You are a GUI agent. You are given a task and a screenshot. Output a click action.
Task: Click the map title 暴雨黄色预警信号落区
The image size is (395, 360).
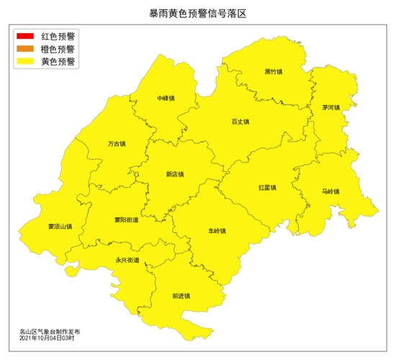[197, 14]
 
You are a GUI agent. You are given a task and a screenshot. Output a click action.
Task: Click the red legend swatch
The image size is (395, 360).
[25, 36]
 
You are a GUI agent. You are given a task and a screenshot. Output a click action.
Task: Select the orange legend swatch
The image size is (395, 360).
[25, 49]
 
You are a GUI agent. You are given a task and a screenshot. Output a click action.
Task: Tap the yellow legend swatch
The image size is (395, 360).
[25, 62]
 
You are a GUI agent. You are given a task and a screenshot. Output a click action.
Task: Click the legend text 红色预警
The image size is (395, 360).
[58, 36]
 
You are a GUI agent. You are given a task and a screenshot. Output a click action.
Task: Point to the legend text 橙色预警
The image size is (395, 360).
[58, 49]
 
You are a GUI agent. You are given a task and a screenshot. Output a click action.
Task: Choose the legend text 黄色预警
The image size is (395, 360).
[58, 62]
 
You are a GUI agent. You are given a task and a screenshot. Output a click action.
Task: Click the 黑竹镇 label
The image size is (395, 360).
[273, 72]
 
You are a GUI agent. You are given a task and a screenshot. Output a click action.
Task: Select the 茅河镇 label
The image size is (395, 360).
[331, 107]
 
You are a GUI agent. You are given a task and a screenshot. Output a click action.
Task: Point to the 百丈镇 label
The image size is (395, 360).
[240, 122]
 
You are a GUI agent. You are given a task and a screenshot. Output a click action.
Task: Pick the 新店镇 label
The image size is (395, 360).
[175, 174]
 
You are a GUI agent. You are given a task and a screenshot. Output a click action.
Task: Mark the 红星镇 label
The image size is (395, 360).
[268, 188]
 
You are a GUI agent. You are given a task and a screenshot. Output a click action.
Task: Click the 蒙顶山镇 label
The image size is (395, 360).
[60, 227]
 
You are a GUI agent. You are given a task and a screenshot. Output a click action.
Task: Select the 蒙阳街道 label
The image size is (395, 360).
[127, 220]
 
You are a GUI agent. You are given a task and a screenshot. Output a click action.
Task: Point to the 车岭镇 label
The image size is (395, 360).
[217, 231]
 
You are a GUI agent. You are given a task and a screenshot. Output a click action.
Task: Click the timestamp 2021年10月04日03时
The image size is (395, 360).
[47, 338]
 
